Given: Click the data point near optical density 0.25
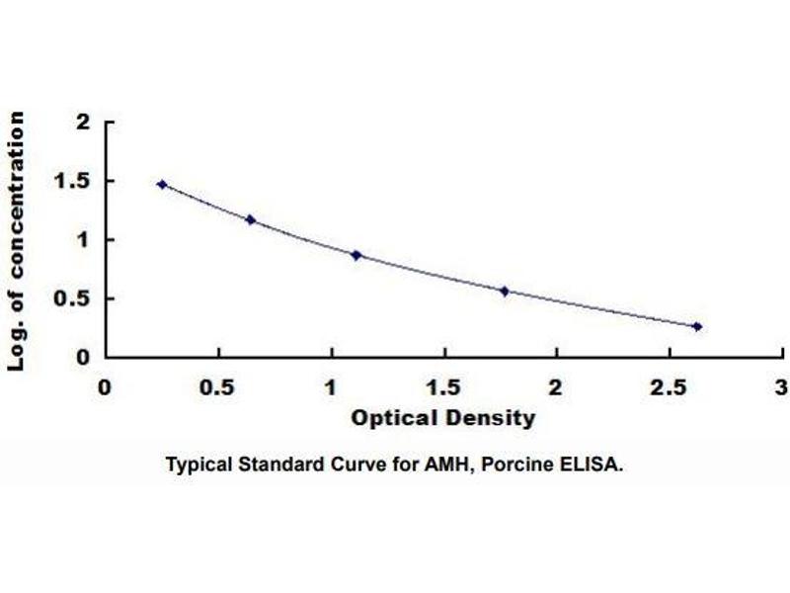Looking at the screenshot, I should [x=162, y=184].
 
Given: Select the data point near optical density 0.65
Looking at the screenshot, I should [x=251, y=219].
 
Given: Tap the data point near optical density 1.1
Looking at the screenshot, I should [x=356, y=255].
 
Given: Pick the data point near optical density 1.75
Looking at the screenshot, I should [x=505, y=291].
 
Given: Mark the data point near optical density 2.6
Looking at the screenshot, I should [x=697, y=326].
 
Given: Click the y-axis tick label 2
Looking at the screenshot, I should [x=83, y=123].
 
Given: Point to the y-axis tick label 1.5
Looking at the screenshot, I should [x=76, y=182].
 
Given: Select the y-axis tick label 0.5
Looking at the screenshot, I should [x=76, y=299].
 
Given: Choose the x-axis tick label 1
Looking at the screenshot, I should [x=331, y=387].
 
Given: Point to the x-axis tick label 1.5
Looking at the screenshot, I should [x=443, y=387].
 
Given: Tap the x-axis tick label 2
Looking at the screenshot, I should [x=556, y=387].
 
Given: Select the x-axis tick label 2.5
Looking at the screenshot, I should [x=669, y=387].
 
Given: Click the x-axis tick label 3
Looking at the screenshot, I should [x=781, y=387].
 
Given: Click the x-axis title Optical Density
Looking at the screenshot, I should [x=443, y=418].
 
